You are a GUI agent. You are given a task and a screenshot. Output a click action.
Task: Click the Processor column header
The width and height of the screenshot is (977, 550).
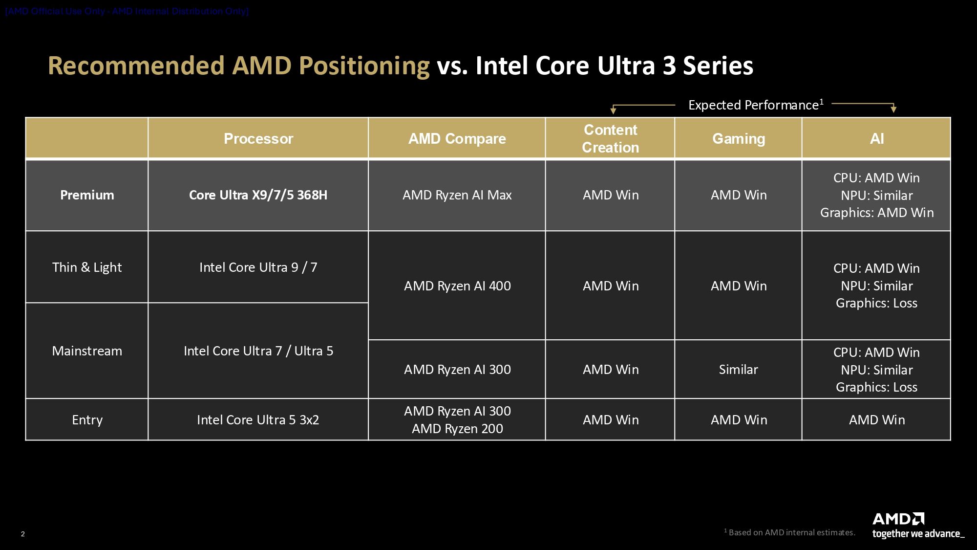pos(258,139)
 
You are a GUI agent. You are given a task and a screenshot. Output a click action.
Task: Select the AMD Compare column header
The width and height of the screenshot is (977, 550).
pos(457,139)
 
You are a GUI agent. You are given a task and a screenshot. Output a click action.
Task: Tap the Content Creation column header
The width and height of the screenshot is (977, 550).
pos(610,139)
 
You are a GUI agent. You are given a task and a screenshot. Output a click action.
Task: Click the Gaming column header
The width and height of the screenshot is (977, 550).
pos(738,139)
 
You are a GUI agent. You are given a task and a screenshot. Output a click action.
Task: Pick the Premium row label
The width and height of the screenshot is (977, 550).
pos(87,195)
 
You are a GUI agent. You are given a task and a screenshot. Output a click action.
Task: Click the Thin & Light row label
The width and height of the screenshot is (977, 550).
pos(87,267)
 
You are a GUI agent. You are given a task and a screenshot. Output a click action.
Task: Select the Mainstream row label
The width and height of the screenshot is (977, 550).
pos(87,351)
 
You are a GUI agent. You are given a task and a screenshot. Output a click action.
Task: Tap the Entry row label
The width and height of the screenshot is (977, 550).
pos(87,420)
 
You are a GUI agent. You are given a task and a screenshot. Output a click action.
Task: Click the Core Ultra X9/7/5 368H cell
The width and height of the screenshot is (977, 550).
pos(258,195)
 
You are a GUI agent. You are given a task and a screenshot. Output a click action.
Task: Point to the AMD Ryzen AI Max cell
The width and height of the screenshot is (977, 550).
pos(457,195)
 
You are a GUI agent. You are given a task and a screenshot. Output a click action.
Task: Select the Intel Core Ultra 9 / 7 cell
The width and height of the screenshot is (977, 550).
pos(258,267)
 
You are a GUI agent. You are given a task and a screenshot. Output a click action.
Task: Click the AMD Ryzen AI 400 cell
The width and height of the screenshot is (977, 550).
pos(457,286)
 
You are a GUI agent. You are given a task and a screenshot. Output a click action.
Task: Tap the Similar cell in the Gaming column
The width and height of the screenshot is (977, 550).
pos(738,370)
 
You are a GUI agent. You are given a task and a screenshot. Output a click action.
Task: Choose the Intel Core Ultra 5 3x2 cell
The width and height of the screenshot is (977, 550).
pos(258,420)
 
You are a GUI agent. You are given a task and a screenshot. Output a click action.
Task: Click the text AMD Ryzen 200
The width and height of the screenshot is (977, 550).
pos(457,429)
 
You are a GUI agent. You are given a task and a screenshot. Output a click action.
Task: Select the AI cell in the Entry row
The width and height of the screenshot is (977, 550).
pos(876,420)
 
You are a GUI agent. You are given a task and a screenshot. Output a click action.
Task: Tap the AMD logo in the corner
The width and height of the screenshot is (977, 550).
pos(898,519)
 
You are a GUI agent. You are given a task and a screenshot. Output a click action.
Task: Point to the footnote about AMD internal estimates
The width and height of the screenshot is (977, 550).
pos(789,532)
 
